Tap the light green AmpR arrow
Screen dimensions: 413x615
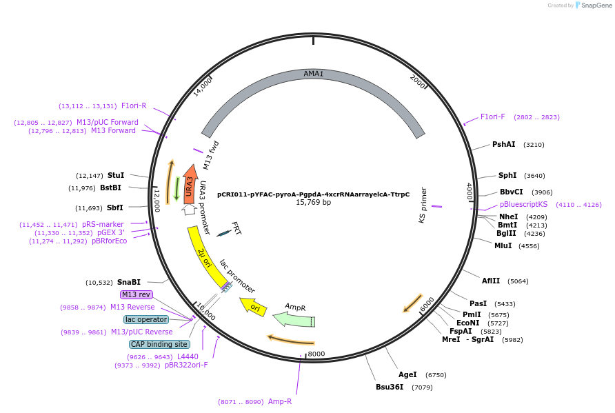click(294, 319)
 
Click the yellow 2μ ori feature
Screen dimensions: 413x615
click(205, 257)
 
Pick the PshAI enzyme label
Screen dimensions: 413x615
click(503, 145)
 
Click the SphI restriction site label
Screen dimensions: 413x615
click(507, 175)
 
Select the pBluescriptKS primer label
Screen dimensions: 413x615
click(523, 204)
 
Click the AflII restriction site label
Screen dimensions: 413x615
click(491, 281)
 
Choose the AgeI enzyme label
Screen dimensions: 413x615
click(407, 374)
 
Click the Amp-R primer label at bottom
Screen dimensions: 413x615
click(279, 401)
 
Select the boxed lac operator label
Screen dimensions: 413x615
click(146, 320)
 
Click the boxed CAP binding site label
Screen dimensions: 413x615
click(159, 344)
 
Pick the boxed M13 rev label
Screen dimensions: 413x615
click(136, 294)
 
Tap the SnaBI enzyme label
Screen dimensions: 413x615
click(128, 282)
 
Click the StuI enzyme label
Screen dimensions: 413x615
click(116, 175)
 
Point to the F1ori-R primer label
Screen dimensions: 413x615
click(134, 105)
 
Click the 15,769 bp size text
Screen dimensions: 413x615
click(313, 203)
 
